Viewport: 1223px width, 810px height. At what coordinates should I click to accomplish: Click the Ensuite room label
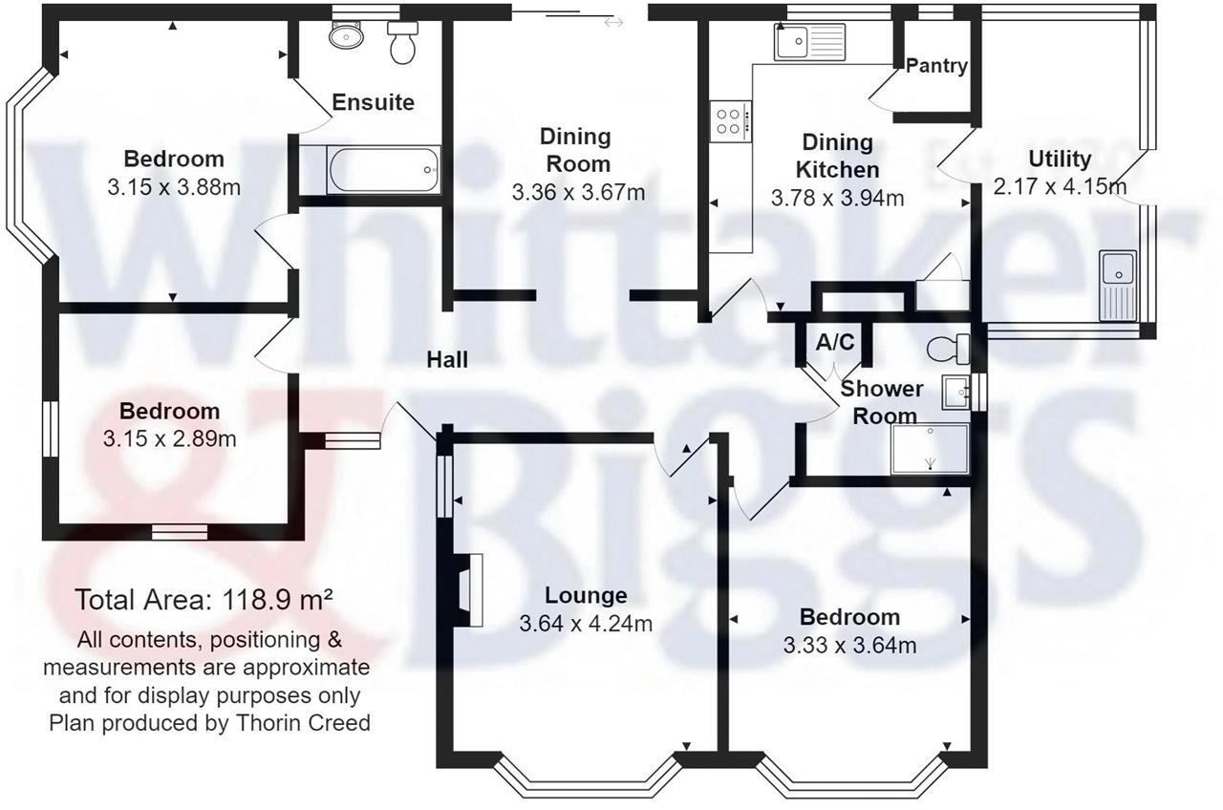tap(373, 102)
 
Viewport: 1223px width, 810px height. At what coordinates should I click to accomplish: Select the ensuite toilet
tap(402, 44)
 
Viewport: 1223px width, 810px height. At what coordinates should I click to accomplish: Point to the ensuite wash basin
tap(343, 36)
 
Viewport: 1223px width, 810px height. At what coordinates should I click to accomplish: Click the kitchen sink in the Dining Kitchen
tap(806, 42)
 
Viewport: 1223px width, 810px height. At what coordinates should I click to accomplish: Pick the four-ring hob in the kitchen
tap(731, 120)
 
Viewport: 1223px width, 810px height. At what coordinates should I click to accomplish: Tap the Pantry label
tap(936, 66)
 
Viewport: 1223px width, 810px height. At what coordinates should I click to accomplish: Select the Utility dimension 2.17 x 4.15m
tap(1059, 186)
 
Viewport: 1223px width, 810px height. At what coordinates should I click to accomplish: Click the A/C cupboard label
tap(835, 341)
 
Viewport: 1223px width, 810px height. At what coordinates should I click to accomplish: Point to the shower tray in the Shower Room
tap(930, 449)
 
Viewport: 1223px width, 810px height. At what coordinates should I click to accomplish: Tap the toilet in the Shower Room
tap(950, 349)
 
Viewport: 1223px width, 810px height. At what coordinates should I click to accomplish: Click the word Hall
tap(447, 360)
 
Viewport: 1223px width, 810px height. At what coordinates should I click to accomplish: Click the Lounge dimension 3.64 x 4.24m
tap(586, 624)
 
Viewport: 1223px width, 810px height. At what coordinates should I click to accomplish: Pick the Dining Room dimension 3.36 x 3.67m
tap(578, 192)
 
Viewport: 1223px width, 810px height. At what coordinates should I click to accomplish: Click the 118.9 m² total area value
tap(277, 600)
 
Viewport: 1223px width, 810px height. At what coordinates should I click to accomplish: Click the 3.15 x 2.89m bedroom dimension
tap(169, 438)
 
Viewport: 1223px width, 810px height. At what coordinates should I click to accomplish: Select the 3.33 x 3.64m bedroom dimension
tap(849, 645)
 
